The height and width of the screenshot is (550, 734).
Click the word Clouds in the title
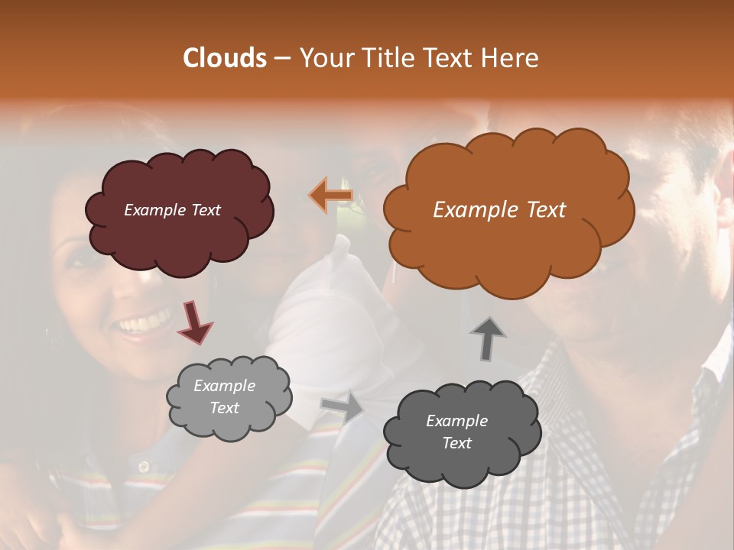point(225,58)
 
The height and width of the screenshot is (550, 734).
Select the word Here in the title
point(510,58)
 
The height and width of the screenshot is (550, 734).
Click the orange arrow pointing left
point(330,195)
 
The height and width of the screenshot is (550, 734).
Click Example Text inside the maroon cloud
point(172,209)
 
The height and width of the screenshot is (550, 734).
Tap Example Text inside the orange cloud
point(499,210)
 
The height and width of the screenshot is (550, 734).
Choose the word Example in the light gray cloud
point(224,386)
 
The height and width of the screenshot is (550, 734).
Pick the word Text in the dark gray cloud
point(456,443)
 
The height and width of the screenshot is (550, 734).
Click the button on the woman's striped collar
point(143,465)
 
